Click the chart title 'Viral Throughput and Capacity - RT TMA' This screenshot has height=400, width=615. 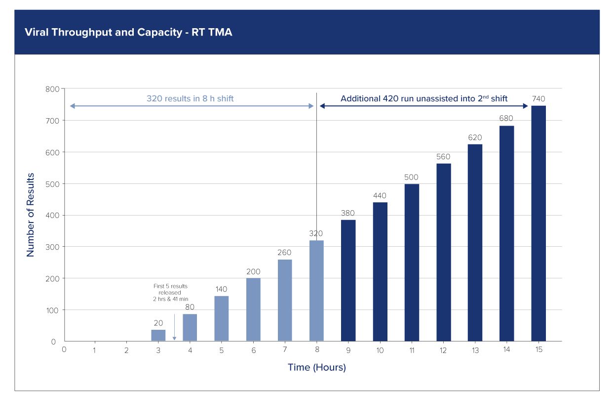coord(128,33)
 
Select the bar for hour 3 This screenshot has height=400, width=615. coord(158,335)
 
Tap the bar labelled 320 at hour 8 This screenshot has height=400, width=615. coord(316,291)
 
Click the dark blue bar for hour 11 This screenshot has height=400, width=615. coord(412,263)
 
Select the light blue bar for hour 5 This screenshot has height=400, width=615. coord(222,318)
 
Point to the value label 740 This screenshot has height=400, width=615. coord(538,99)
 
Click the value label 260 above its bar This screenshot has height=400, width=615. coord(285,253)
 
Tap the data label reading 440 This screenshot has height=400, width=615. coord(380,196)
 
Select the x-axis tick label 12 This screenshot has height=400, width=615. coord(443,350)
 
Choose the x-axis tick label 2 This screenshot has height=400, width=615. coord(127,350)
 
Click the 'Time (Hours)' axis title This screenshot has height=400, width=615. coord(316,368)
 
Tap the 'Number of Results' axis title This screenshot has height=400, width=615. coord(31,215)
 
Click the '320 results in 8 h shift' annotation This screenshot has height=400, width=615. coord(190,99)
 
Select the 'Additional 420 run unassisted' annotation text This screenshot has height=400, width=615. coord(424,99)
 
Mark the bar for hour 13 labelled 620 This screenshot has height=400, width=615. coord(475,242)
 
